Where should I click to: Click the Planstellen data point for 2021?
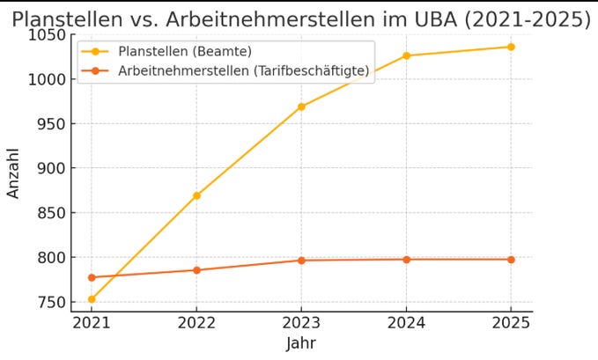point(92,299)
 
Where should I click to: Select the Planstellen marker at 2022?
point(196,195)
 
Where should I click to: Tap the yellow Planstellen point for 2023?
point(301,107)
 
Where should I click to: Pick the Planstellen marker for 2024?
point(406,55)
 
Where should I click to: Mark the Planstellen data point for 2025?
point(511,47)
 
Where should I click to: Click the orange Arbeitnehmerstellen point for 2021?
point(92,277)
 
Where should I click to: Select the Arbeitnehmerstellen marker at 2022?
point(196,270)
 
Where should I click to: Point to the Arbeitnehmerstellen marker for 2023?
point(301,261)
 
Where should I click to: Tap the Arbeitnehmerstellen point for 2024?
point(406,260)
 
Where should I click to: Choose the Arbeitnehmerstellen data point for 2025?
point(511,260)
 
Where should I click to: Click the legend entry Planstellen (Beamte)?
point(190,51)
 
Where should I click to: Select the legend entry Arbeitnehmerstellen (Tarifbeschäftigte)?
point(243,71)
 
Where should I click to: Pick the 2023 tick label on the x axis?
point(301,322)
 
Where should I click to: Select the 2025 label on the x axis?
point(511,322)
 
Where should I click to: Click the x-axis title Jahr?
point(300,343)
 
